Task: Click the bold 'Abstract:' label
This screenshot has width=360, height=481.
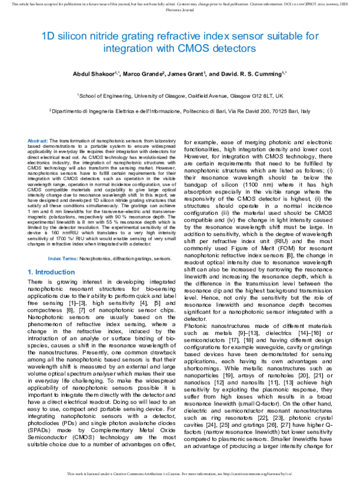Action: pos(38,139)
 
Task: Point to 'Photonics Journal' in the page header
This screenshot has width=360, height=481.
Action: pos(180,10)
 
